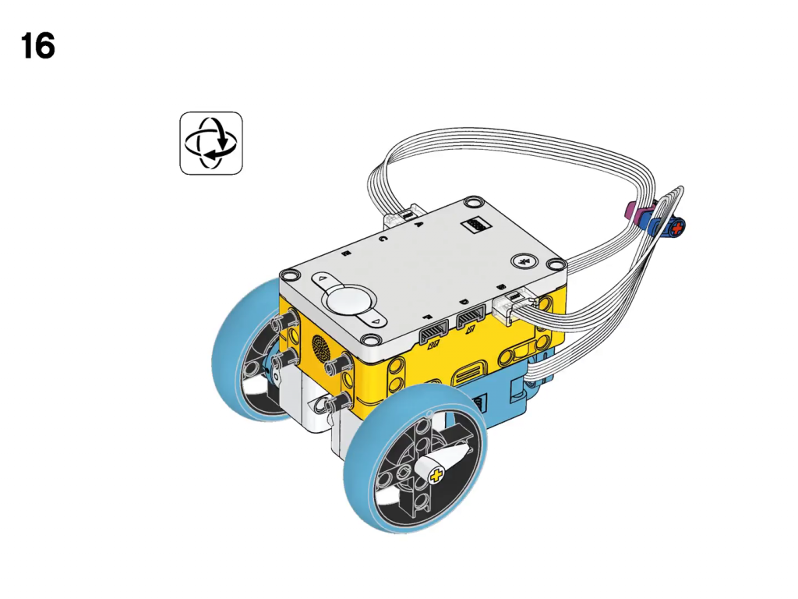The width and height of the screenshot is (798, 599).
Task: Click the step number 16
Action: [x=38, y=45]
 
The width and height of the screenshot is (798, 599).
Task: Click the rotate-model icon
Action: [x=211, y=144]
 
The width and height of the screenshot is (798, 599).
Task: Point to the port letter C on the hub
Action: [x=383, y=239]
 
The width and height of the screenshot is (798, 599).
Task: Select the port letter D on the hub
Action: [x=464, y=302]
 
